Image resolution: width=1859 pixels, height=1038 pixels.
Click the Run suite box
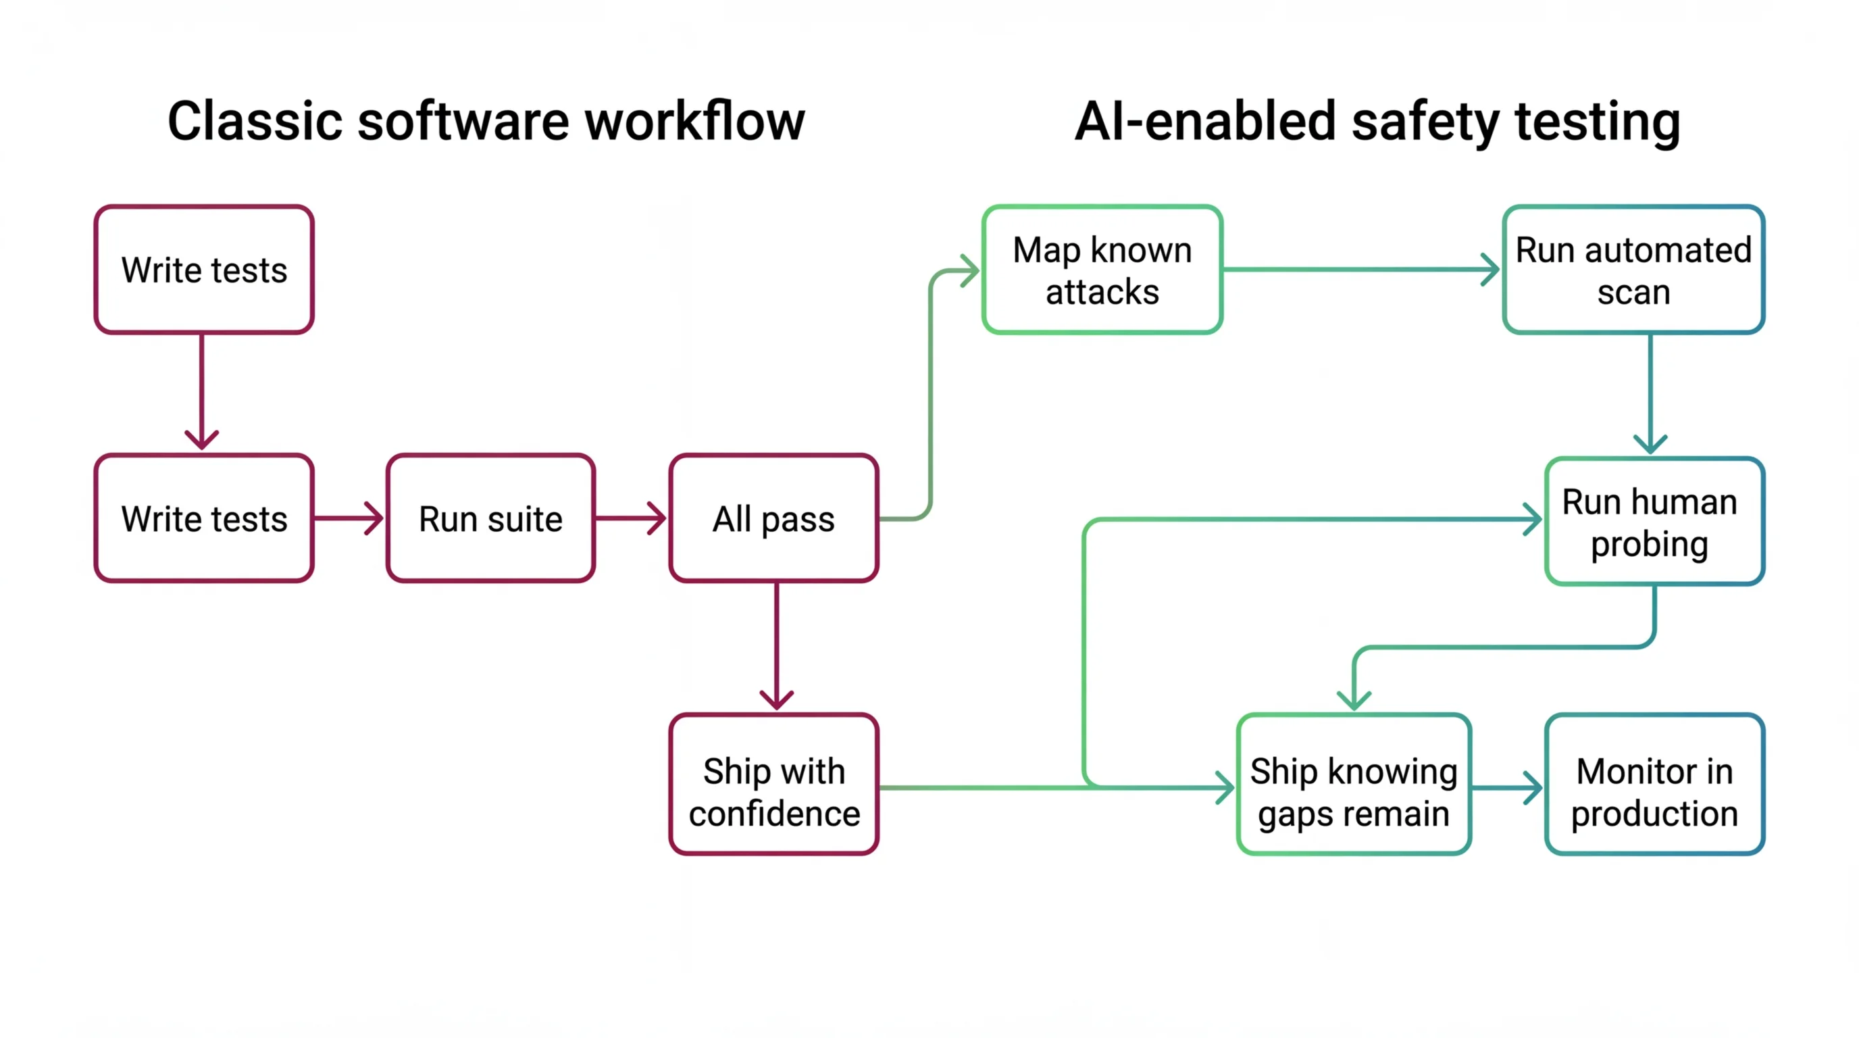[x=490, y=518]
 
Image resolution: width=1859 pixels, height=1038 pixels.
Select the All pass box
[x=773, y=518]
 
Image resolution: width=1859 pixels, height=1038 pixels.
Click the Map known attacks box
[x=1102, y=270]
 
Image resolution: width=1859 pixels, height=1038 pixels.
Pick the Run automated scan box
[x=1634, y=270]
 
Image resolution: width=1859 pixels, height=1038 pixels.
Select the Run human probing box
[x=1654, y=521]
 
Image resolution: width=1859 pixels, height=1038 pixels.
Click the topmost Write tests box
[x=204, y=270]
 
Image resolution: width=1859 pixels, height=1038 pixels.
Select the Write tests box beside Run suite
[x=204, y=518]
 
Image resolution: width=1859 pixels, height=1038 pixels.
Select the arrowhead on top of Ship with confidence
[x=777, y=700]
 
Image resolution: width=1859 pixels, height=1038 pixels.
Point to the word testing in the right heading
[x=1598, y=121]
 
